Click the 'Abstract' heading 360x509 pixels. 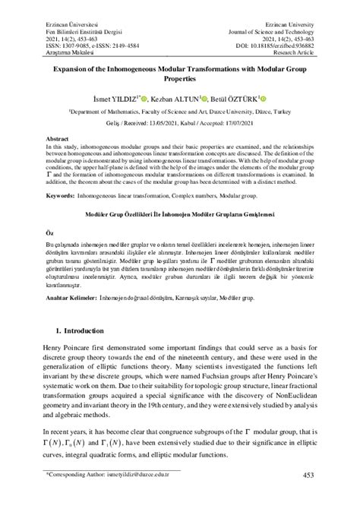point(59,141)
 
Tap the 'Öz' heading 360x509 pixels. point(50,230)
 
